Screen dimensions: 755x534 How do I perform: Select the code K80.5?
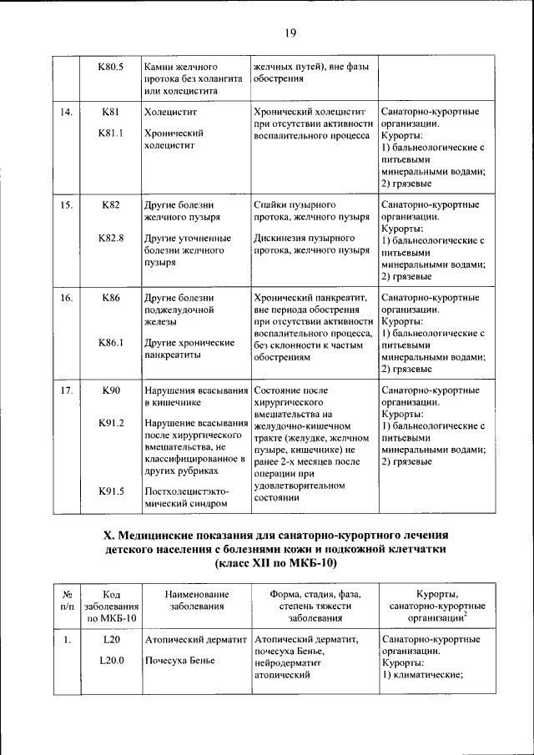tap(111, 65)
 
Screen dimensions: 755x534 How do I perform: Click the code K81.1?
tap(111, 132)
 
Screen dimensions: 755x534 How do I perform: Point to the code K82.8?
tap(111, 238)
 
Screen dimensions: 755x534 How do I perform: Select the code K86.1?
tap(111, 343)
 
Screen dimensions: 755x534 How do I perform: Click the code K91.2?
tap(111, 424)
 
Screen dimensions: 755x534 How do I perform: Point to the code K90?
tap(111, 390)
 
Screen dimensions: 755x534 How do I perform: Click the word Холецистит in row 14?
tap(169, 110)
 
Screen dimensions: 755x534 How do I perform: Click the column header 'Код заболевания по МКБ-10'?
tap(111, 605)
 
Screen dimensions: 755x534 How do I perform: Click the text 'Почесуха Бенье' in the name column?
tap(179, 661)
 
